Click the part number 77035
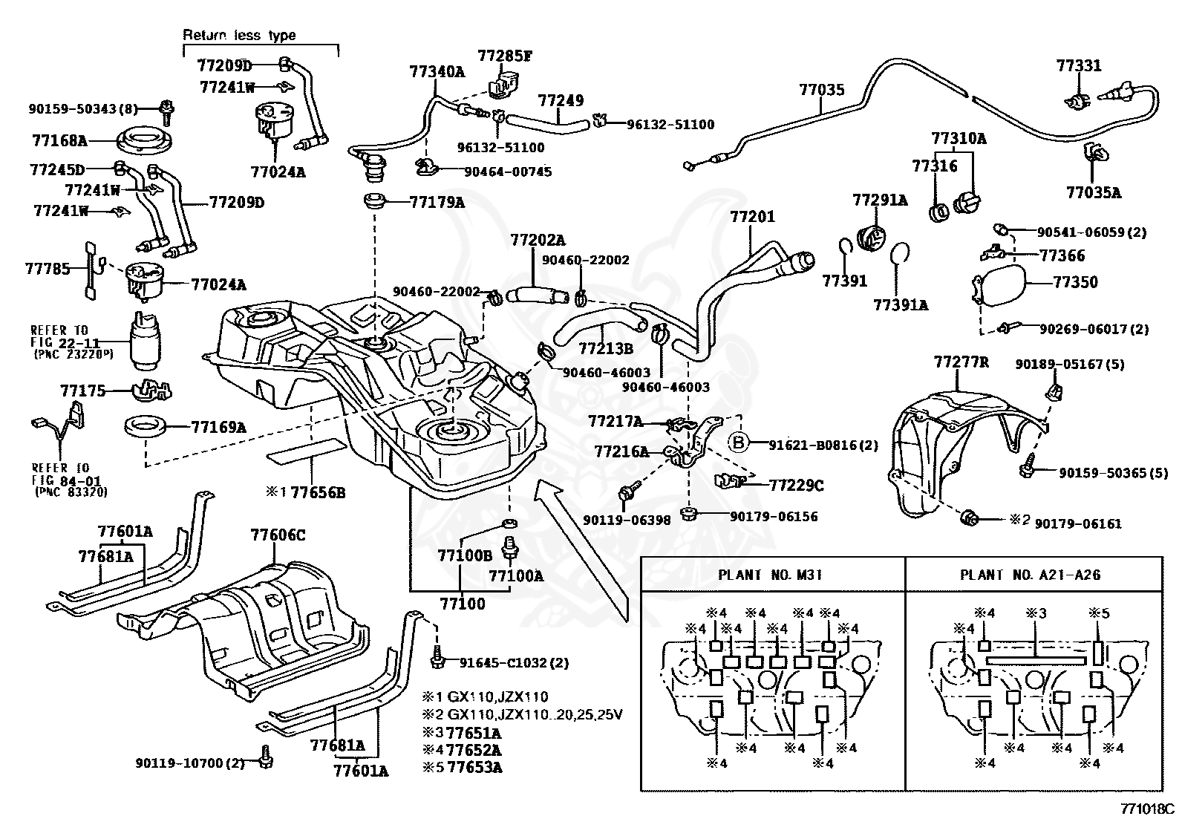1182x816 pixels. point(821,91)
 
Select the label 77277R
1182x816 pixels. point(961,363)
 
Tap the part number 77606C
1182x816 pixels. point(278,535)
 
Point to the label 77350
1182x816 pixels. point(1075,283)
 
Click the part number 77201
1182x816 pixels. point(752,217)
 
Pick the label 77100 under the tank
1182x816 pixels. point(461,604)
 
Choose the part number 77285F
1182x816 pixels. point(505,56)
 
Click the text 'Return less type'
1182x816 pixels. point(239,35)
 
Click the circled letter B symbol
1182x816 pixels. point(739,443)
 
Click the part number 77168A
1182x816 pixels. point(60,140)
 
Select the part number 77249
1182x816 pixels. point(561,100)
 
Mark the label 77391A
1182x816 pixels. point(901,304)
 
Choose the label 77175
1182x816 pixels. point(83,390)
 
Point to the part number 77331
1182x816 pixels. point(1079,66)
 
